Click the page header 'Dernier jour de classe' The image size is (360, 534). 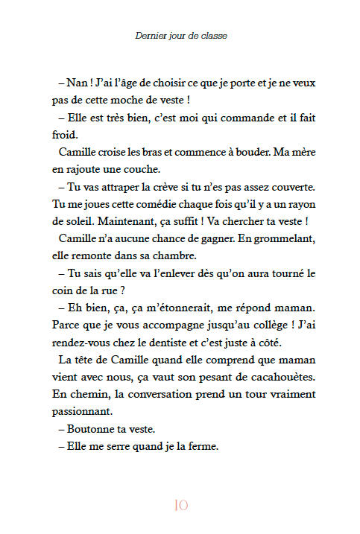click(180, 35)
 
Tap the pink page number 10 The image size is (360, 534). click(180, 505)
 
